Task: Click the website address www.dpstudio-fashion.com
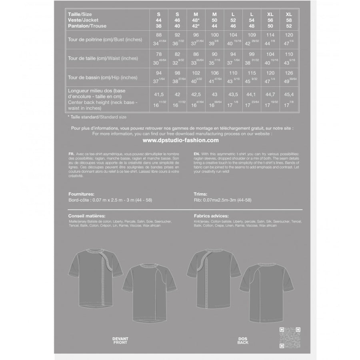tap(180, 140)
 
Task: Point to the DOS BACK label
tap(242, 341)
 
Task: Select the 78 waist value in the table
tap(159, 54)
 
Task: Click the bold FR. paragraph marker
tap(72, 154)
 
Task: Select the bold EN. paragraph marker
tap(196, 154)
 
